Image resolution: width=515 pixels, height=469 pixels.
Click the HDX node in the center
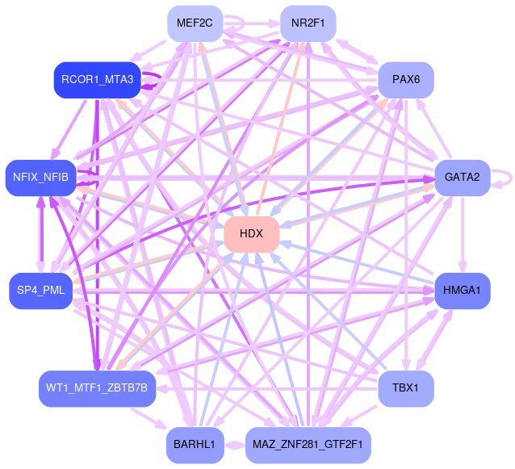252,233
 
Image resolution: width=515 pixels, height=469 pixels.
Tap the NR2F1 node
308,23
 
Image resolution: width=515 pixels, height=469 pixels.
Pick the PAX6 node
406,80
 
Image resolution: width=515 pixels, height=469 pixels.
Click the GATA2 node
462,177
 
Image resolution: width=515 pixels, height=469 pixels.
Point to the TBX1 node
405,388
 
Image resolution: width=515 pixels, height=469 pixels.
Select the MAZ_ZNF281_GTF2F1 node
308,445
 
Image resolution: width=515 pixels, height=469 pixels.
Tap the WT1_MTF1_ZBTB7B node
97,388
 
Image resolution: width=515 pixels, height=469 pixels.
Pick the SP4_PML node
40,290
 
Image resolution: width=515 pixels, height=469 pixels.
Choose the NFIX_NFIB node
40,177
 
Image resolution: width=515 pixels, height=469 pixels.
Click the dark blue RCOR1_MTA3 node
97,80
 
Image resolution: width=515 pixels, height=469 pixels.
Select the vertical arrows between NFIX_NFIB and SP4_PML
40,233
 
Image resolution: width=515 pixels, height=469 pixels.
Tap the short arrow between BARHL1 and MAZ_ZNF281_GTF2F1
233,445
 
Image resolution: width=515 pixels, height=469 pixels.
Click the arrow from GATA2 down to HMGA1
462,233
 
